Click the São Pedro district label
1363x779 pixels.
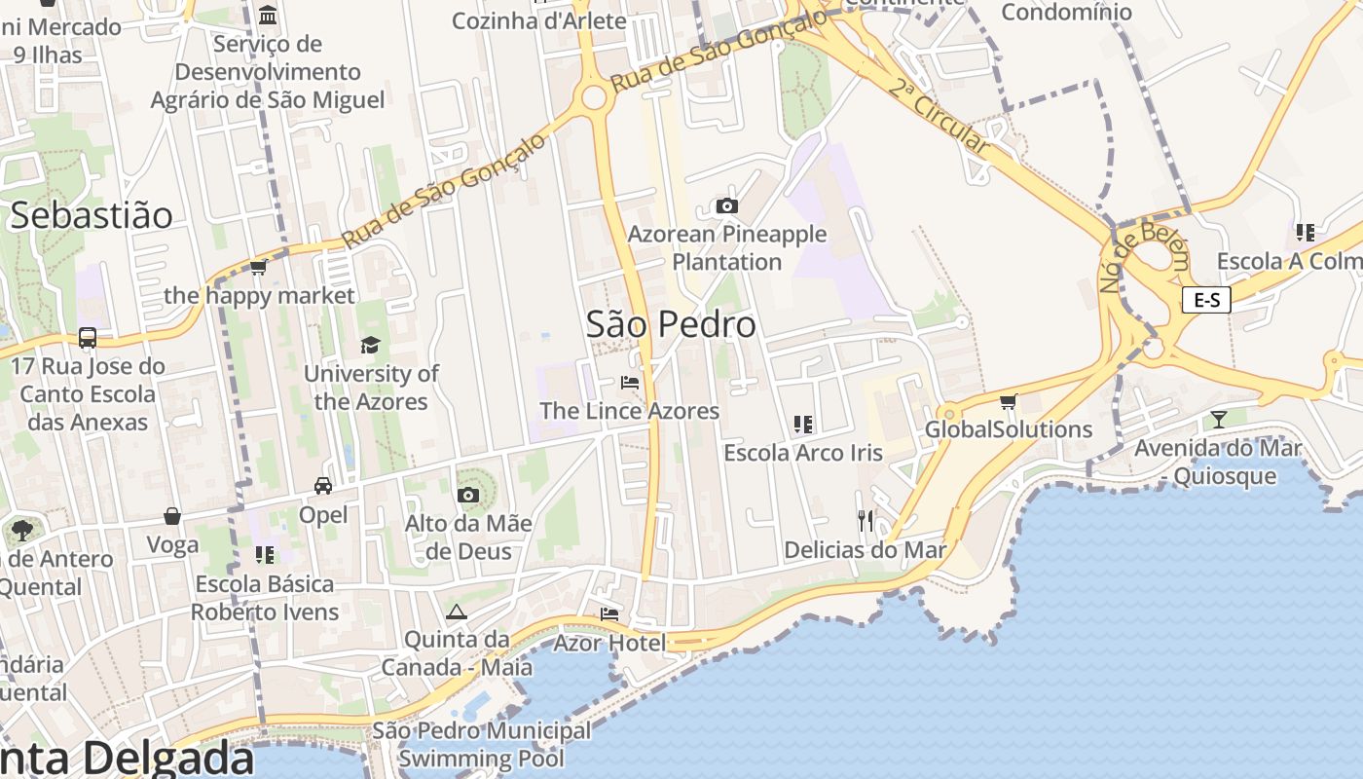671,324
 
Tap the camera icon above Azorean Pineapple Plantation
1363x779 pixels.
726,205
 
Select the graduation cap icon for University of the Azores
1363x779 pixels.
370,345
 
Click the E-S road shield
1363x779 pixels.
1206,300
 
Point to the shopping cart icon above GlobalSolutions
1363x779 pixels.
1009,401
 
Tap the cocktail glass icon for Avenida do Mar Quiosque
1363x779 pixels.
1217,420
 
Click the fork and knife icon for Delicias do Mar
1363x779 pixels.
866,521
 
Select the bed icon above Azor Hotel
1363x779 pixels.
609,614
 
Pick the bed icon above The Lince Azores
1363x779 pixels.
630,383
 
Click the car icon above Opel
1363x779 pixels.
323,486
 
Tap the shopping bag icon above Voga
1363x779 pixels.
172,516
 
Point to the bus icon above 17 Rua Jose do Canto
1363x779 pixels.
88,338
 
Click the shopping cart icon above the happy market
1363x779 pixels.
259,267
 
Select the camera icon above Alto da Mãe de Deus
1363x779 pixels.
468,495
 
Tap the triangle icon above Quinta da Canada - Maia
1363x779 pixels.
456,612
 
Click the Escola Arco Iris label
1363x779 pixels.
803,453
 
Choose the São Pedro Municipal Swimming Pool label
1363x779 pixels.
482,744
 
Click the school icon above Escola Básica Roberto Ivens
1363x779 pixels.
264,555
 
